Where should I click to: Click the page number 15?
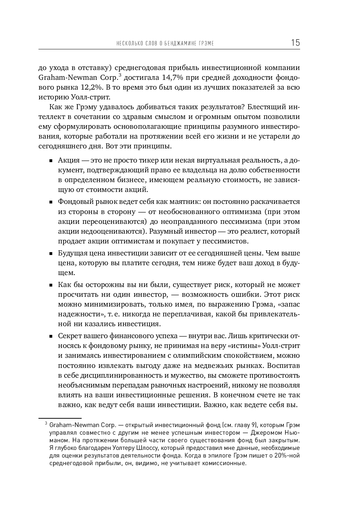click(295, 43)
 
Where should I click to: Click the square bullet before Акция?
click(51, 161)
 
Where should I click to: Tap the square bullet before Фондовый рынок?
click(51, 202)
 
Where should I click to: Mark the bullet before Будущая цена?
click(51, 254)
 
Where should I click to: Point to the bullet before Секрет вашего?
click(51, 336)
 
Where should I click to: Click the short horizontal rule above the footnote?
click(60, 418)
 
